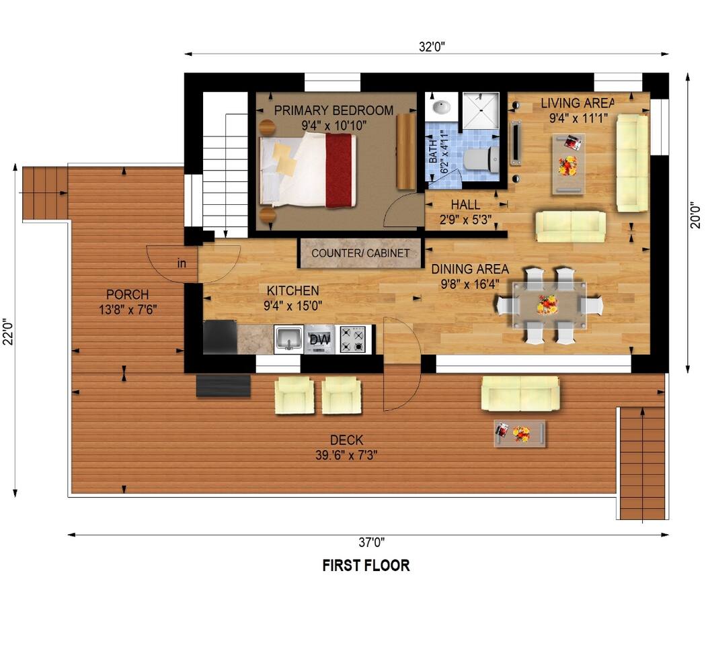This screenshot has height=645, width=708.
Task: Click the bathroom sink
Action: tap(441, 107)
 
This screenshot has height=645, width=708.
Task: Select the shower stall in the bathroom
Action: tap(481, 110)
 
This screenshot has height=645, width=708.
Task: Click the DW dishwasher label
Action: tap(319, 339)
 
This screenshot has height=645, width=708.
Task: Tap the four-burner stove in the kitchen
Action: tap(352, 339)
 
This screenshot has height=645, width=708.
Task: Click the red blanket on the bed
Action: tap(340, 171)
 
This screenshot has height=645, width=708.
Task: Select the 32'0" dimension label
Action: tap(432, 46)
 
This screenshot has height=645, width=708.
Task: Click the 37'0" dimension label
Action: tap(372, 542)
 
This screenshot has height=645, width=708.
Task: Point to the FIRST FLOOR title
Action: tap(366, 565)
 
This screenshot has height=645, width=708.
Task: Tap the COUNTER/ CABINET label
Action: tap(360, 253)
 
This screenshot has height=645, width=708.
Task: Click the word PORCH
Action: tap(127, 294)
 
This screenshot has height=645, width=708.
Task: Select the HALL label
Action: tap(465, 205)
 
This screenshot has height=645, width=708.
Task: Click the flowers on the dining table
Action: tap(547, 304)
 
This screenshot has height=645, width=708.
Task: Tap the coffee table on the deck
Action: tap(520, 433)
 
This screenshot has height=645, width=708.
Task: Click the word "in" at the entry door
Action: tap(182, 263)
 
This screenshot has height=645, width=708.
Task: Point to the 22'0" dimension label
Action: tap(8, 331)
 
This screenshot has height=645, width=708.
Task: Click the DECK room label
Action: tap(346, 440)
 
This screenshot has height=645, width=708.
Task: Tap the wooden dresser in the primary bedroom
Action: tap(406, 152)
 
